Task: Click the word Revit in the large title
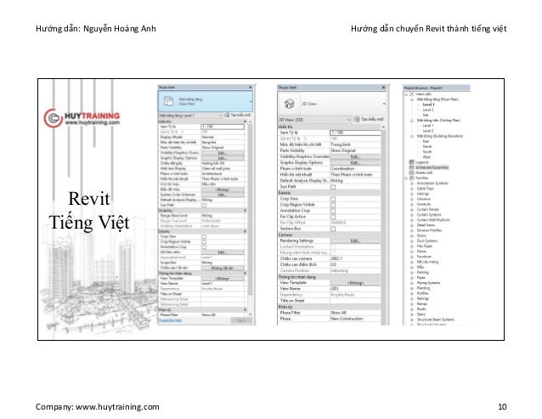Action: coord(88,176)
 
